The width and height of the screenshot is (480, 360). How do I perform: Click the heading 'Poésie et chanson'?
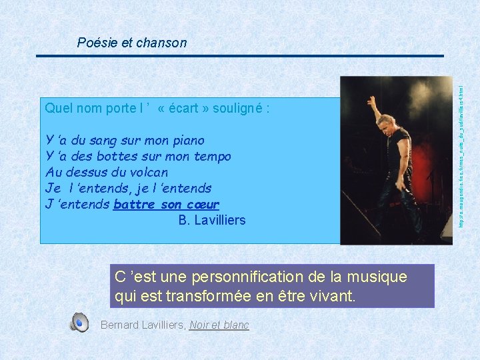[132, 43]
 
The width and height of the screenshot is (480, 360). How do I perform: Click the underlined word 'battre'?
[134, 204]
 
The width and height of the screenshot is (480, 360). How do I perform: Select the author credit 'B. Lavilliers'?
[212, 220]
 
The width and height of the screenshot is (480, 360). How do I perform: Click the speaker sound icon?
[79, 323]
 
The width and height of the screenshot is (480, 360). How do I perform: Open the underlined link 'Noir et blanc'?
[219, 325]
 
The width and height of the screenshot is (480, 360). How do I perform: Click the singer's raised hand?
[372, 101]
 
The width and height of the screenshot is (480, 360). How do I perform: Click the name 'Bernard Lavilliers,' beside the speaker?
[143, 325]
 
